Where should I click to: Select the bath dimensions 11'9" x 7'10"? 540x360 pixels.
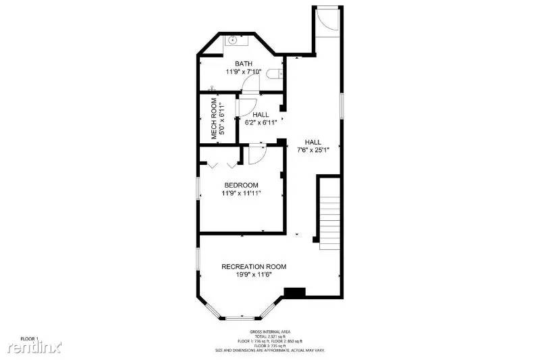tap(243, 72)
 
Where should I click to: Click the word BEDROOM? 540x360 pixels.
tap(241, 185)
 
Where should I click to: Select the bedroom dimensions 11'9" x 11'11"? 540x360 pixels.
tap(241, 193)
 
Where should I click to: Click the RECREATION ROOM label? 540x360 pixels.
tap(254, 267)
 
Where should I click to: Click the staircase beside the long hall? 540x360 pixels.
tap(328, 213)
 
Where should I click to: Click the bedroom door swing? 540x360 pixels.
tap(254, 155)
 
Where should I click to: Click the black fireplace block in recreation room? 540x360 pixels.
tap(294, 292)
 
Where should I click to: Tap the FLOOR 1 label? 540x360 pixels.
tap(28, 338)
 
